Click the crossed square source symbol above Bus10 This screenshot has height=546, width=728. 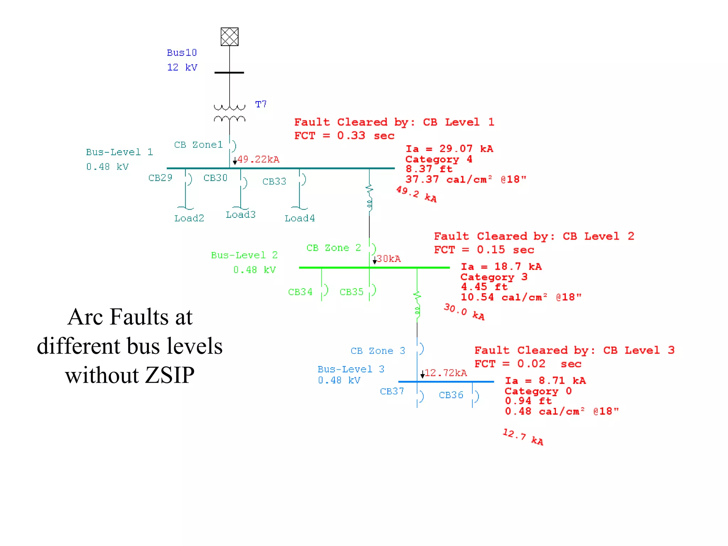(229, 37)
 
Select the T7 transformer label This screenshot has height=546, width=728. (261, 104)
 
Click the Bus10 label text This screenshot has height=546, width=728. (182, 53)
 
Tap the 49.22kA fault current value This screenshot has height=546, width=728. (258, 159)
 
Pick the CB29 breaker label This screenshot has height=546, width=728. (160, 178)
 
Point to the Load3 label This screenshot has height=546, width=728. (241, 215)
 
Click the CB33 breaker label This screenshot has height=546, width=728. (274, 182)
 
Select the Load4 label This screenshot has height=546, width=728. (300, 218)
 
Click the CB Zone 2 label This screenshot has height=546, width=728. (333, 248)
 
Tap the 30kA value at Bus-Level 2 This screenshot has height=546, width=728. (389, 259)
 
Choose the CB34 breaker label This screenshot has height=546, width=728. (300, 292)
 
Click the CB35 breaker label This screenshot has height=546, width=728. (352, 292)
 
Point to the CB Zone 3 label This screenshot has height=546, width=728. (378, 351)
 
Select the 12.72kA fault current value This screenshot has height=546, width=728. (446, 373)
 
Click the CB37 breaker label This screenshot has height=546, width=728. (392, 392)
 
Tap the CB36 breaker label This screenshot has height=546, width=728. (451, 395)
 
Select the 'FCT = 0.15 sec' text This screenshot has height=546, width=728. (484, 250)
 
